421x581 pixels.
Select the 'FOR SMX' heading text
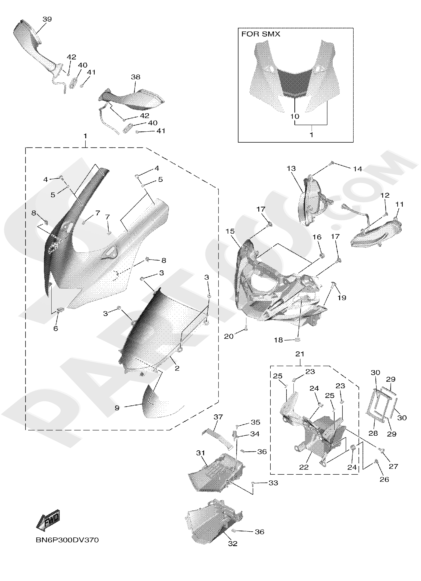pyautogui.click(x=261, y=34)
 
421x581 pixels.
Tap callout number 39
pyautogui.click(x=47, y=19)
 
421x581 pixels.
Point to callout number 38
pyautogui.click(x=136, y=77)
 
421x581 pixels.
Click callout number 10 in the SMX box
pyautogui.click(x=295, y=116)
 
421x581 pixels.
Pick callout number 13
pyautogui.click(x=291, y=168)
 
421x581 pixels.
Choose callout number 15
pyautogui.click(x=230, y=231)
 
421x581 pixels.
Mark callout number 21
pyautogui.click(x=300, y=354)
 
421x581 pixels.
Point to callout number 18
pyautogui.click(x=279, y=340)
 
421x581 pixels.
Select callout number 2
pyautogui.click(x=177, y=368)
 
